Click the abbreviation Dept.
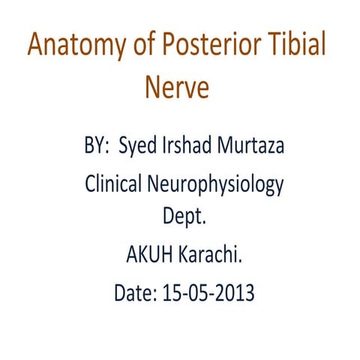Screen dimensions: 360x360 click(x=184, y=220)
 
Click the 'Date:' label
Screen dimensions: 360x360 click(x=136, y=292)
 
